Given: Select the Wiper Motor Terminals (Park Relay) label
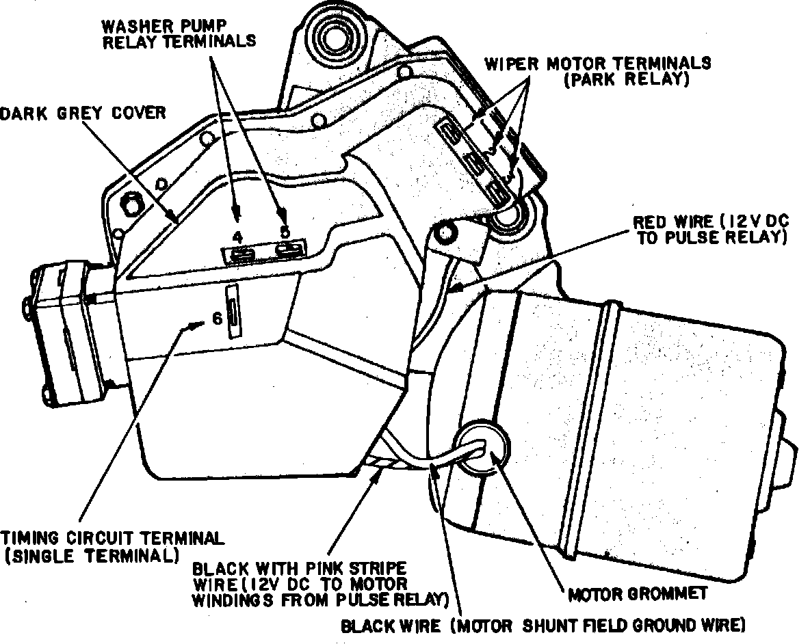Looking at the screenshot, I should tap(598, 71).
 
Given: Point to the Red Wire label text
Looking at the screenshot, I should tap(711, 230).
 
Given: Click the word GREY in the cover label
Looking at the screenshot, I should tap(80, 113).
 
